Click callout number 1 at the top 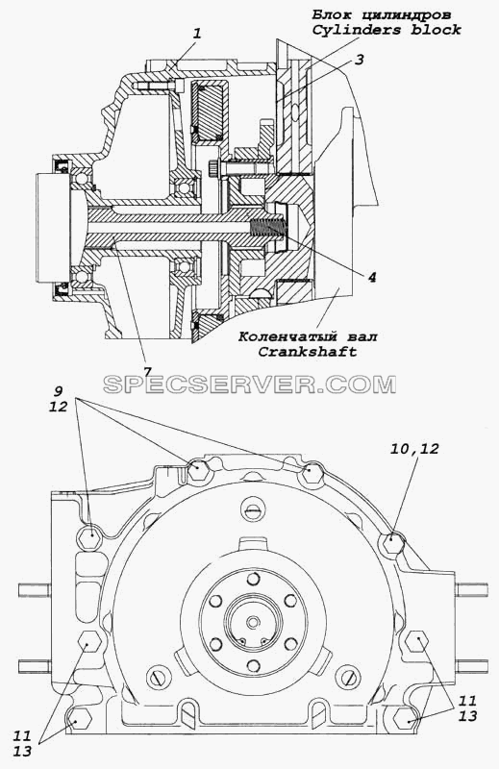(x=197, y=34)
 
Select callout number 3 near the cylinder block (x=360, y=60)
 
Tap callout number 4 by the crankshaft (x=372, y=278)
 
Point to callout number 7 (x=148, y=371)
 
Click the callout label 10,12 (x=414, y=448)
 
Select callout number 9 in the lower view (x=58, y=392)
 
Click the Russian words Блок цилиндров (x=382, y=15)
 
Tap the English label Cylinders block (x=387, y=31)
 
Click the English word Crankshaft (x=308, y=352)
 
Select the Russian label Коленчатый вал (x=308, y=337)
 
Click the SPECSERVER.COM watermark (x=249, y=384)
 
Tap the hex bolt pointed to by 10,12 (x=391, y=542)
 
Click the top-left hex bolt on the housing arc (x=197, y=470)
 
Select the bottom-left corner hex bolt (x=81, y=719)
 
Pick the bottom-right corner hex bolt (x=408, y=718)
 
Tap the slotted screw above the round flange (x=252, y=510)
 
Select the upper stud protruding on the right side (x=471, y=589)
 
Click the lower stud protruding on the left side (x=35, y=665)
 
